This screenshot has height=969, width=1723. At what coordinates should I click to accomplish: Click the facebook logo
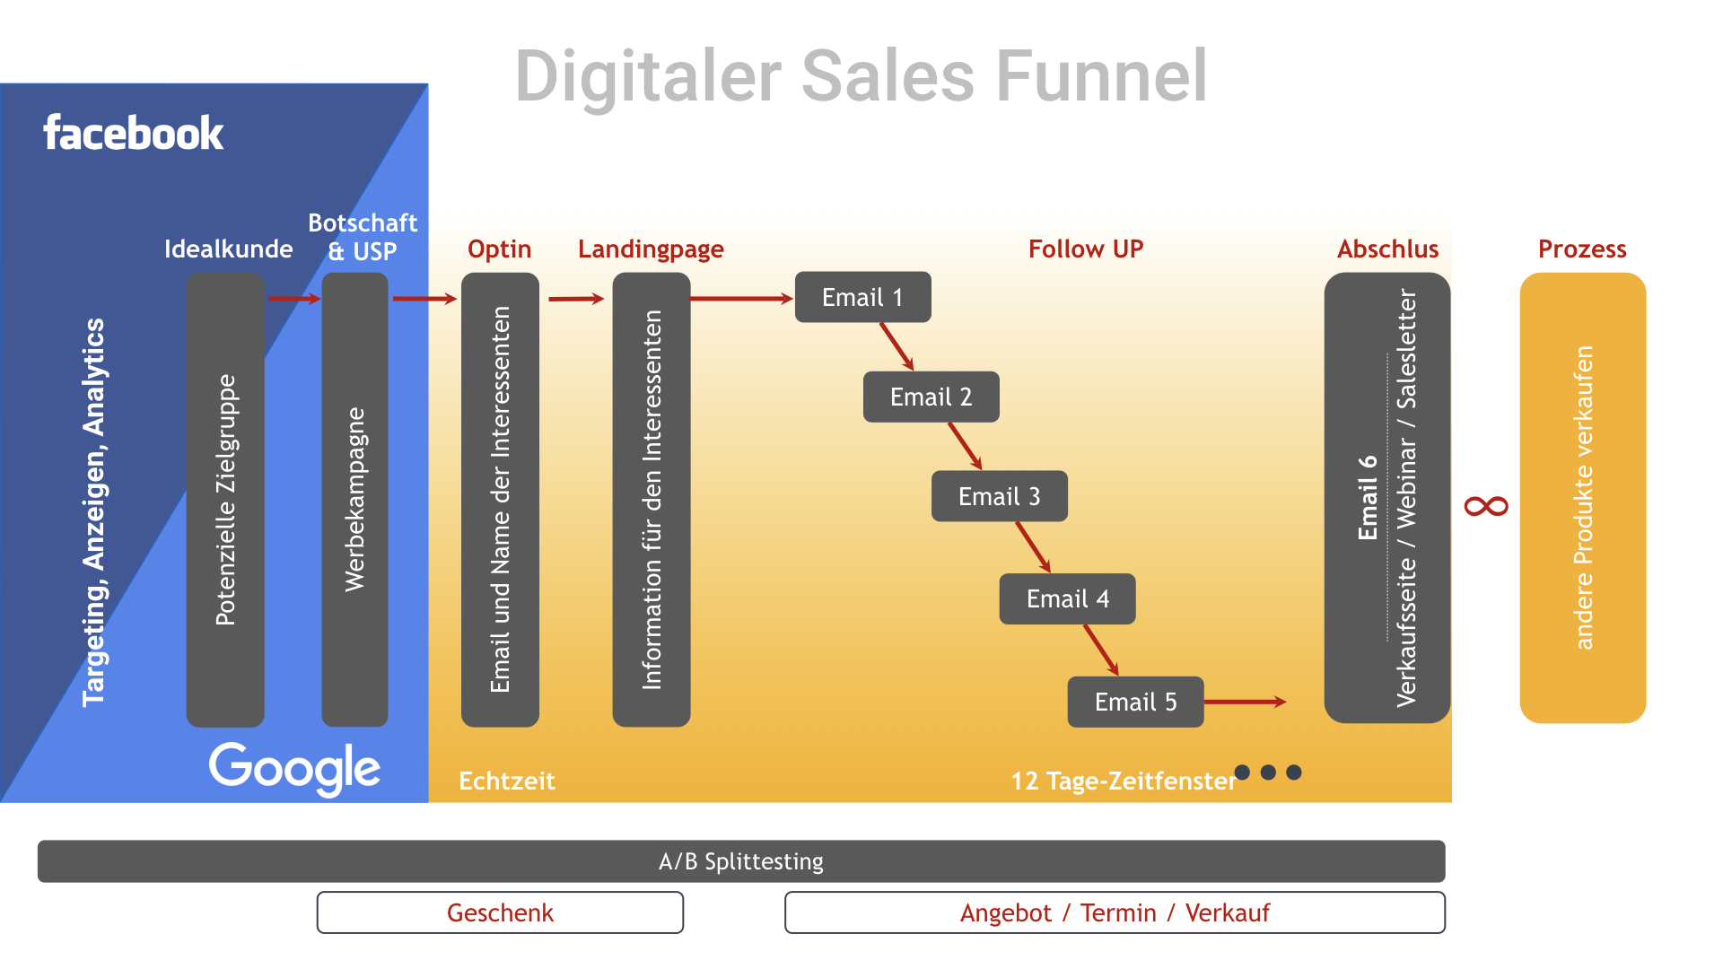pos(134,133)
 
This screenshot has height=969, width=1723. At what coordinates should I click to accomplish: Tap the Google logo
pos(294,768)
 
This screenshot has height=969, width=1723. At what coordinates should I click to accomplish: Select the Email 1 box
pos(862,297)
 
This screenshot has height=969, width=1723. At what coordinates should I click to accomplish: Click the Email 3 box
pos(999,496)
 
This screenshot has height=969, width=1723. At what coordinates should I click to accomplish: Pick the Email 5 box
pos(1135,702)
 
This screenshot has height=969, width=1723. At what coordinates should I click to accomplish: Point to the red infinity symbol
pos(1486,507)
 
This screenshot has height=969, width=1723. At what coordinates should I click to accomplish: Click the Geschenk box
pos(500,912)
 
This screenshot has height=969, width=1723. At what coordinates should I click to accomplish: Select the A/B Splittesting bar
pos(741,861)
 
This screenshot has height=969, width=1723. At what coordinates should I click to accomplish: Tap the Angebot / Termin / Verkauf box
pos(1115,912)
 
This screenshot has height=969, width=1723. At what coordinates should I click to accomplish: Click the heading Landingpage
pos(651,249)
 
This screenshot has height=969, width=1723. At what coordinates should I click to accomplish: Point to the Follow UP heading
pos(1086,249)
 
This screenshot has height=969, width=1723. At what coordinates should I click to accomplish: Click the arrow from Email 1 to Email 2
pos(896,346)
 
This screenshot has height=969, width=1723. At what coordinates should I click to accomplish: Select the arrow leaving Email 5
pos(1245,702)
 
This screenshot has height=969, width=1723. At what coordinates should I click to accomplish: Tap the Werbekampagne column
pos(354,500)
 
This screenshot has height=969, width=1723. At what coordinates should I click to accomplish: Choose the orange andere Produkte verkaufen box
pos(1583,498)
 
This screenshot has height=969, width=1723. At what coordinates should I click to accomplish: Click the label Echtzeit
pos(507,781)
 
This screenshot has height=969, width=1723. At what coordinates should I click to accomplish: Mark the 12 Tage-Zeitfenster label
pos(1124,781)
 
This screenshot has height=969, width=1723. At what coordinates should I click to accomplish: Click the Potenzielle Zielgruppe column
pos(225,500)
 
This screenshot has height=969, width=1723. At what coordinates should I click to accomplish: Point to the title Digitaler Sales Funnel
pos(861,76)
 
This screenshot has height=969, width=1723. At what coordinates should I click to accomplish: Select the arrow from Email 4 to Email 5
pos(1101,650)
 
